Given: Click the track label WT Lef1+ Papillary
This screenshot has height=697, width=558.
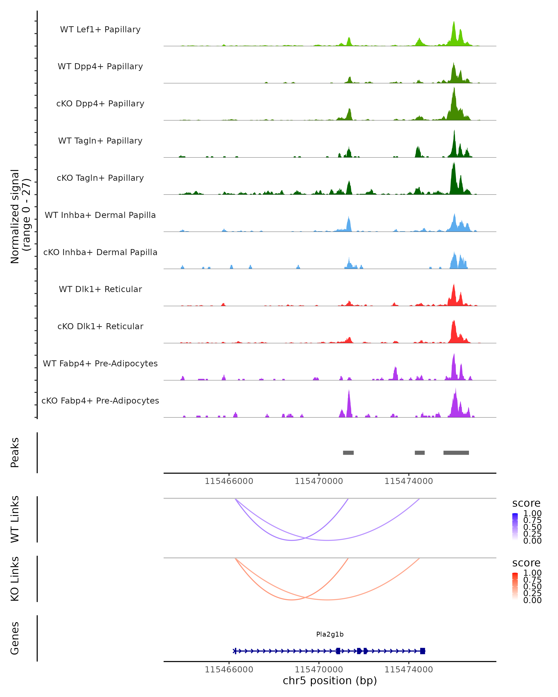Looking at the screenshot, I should click(x=100, y=30).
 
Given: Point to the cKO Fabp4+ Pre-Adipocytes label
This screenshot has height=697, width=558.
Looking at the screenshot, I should click(x=100, y=401).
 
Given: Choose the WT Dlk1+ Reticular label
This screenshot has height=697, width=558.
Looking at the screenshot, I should click(x=100, y=289).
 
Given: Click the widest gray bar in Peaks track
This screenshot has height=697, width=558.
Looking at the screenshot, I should click(x=456, y=453).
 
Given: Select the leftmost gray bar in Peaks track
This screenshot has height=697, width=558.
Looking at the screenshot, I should click(x=348, y=453).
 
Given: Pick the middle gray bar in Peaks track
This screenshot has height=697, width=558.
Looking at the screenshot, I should click(x=420, y=453).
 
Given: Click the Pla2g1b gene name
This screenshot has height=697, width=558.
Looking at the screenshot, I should click(x=330, y=634).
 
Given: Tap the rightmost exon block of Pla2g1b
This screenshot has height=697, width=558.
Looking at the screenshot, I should click(x=422, y=651).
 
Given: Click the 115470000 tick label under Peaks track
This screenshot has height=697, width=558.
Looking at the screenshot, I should click(x=319, y=481).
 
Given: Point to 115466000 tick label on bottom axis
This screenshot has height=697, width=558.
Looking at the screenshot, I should click(x=229, y=670).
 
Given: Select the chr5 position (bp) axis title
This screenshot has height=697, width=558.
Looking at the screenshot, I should click(x=330, y=681).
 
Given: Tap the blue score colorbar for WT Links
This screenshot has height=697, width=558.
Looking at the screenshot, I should click(x=515, y=527).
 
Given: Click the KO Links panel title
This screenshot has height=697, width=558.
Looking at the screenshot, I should click(x=15, y=579).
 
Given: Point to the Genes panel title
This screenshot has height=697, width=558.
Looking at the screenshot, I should click(x=15, y=638).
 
